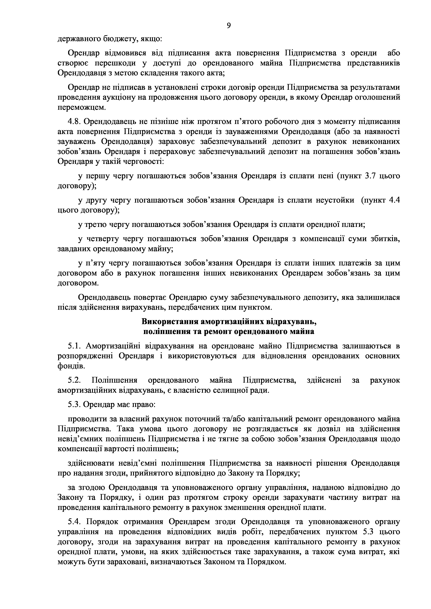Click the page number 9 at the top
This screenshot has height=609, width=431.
click(x=229, y=26)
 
